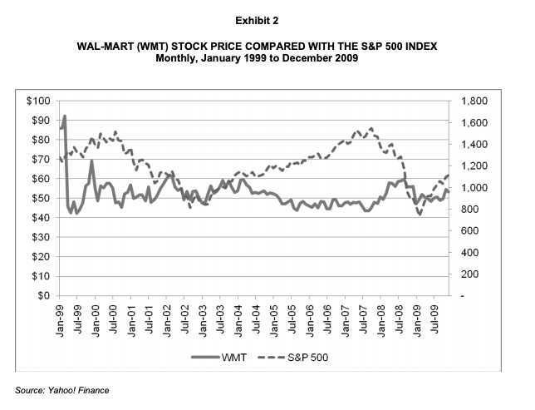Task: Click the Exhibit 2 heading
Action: tap(267, 16)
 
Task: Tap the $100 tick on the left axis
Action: tap(37, 101)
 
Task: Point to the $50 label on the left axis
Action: tap(40, 198)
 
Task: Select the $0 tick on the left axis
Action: tap(43, 295)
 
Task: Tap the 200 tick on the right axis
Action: tap(471, 274)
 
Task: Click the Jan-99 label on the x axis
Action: tap(61, 316)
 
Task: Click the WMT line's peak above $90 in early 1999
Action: tap(64, 116)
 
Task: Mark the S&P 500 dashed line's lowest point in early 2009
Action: tap(420, 215)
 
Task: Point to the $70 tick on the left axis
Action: tap(40, 159)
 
